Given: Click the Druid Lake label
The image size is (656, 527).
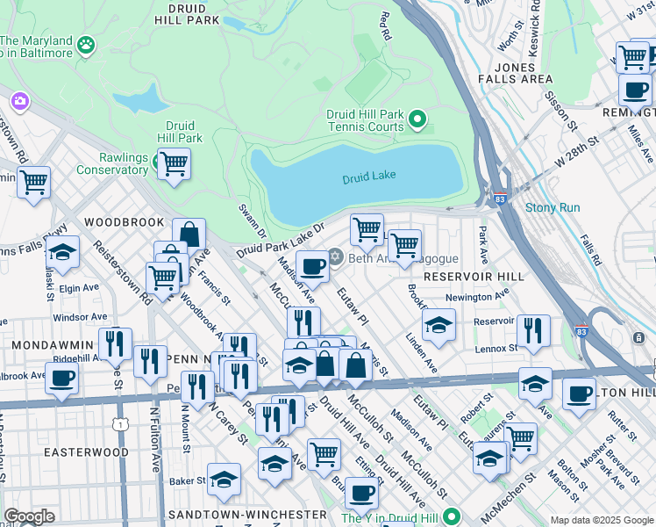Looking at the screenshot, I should coord(369,176).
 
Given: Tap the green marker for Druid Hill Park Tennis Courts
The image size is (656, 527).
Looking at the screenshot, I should coord(417,119).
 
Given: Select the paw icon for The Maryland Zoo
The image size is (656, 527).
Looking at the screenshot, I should coord(86,44).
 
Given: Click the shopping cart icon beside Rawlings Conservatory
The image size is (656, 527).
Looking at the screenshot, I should coord(174,163).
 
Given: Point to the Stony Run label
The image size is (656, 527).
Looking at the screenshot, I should coord(553,208).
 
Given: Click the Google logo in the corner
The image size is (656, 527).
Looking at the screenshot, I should coord(29,516).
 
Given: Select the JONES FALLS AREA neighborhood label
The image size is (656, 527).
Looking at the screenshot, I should coord(514,72).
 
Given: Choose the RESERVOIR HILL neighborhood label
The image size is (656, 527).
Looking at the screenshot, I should coord(473,276).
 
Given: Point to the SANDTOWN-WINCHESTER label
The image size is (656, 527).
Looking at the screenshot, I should coord(248,514).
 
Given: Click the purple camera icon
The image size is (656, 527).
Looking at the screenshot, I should coord(19,102).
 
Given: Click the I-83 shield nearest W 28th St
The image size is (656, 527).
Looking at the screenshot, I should coord(499,200).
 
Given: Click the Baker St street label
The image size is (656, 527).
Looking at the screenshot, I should coord(187,480).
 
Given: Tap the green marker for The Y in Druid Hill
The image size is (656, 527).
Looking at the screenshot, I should coord(452,517).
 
